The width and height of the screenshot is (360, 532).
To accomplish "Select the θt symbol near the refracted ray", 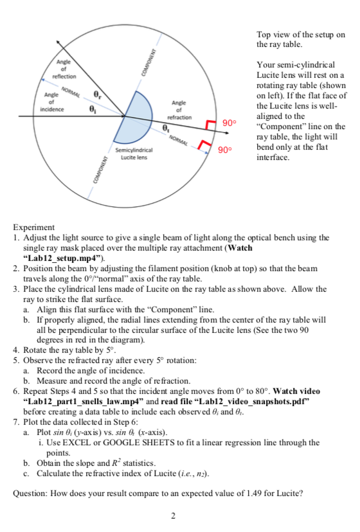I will (166, 129).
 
